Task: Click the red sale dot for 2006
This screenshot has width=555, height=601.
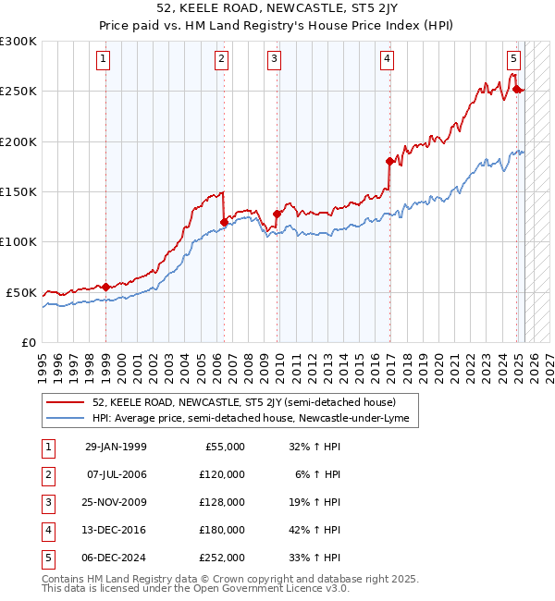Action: (x=224, y=222)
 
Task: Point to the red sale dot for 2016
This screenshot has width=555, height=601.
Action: (x=389, y=162)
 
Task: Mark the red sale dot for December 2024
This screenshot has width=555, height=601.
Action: (x=516, y=90)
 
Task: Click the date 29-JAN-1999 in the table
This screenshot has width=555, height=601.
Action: (x=116, y=447)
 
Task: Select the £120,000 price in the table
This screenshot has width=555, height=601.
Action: (x=222, y=474)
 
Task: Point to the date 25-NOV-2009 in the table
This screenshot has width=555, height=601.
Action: (x=116, y=502)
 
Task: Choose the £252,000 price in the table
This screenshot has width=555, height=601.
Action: (x=222, y=558)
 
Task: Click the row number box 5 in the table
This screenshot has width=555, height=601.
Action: (x=46, y=558)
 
